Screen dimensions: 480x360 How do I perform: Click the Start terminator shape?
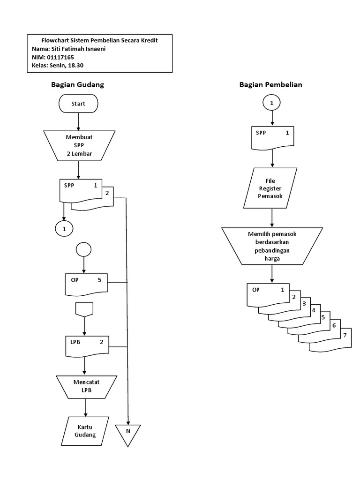78,104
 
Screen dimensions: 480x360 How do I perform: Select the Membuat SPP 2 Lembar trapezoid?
78,145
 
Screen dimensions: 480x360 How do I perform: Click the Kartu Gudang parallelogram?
85,431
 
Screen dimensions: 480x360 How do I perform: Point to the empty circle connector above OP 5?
83,249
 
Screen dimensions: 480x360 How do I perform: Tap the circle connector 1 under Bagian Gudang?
64,228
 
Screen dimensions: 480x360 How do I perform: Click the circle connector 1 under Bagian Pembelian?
272,102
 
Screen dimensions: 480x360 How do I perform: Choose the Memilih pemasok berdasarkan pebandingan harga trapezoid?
272,246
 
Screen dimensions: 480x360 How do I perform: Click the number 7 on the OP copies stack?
345,335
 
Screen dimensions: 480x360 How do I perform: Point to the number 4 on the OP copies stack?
313,309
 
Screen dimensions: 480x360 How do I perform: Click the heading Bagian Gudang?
77,85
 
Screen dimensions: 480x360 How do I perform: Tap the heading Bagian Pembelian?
270,85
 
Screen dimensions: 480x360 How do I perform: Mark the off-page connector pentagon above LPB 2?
84,309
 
